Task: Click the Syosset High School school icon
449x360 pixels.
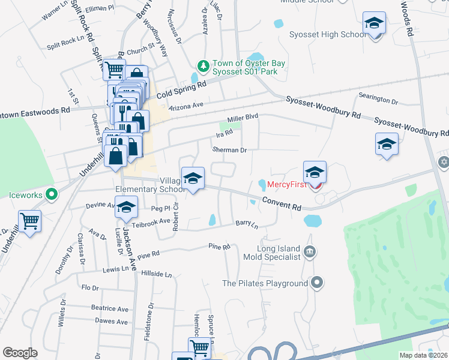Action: (374, 24)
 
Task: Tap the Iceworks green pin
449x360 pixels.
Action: (52, 194)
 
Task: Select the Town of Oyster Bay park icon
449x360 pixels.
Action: (203, 65)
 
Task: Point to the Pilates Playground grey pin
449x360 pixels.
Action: (318, 282)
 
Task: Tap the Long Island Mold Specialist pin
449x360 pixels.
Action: (310, 251)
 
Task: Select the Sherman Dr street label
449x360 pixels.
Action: (229, 150)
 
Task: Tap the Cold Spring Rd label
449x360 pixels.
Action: (181, 91)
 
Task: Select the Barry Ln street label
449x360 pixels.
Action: (247, 224)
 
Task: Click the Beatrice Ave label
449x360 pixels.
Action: (110, 308)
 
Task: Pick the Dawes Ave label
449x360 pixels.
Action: (111, 322)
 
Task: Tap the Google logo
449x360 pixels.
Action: (20, 353)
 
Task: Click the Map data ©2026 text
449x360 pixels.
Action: (424, 355)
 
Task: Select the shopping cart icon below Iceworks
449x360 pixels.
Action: (29, 221)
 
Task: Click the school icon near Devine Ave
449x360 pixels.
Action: (126, 208)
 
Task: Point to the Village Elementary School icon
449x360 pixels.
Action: (193, 179)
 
